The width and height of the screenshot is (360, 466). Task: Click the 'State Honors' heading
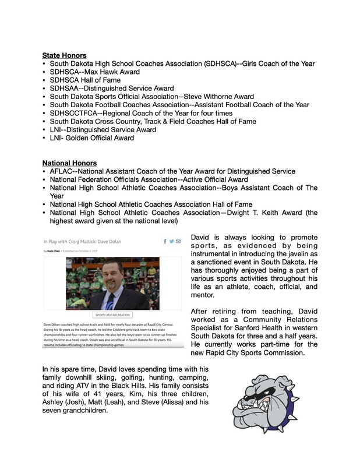click(64, 55)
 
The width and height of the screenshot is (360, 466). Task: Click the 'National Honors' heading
click(69, 163)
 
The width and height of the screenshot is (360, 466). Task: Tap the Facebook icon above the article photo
click(165, 241)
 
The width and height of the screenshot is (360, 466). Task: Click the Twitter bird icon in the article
click(171, 241)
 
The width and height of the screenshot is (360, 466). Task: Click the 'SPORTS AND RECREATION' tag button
click(112, 315)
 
